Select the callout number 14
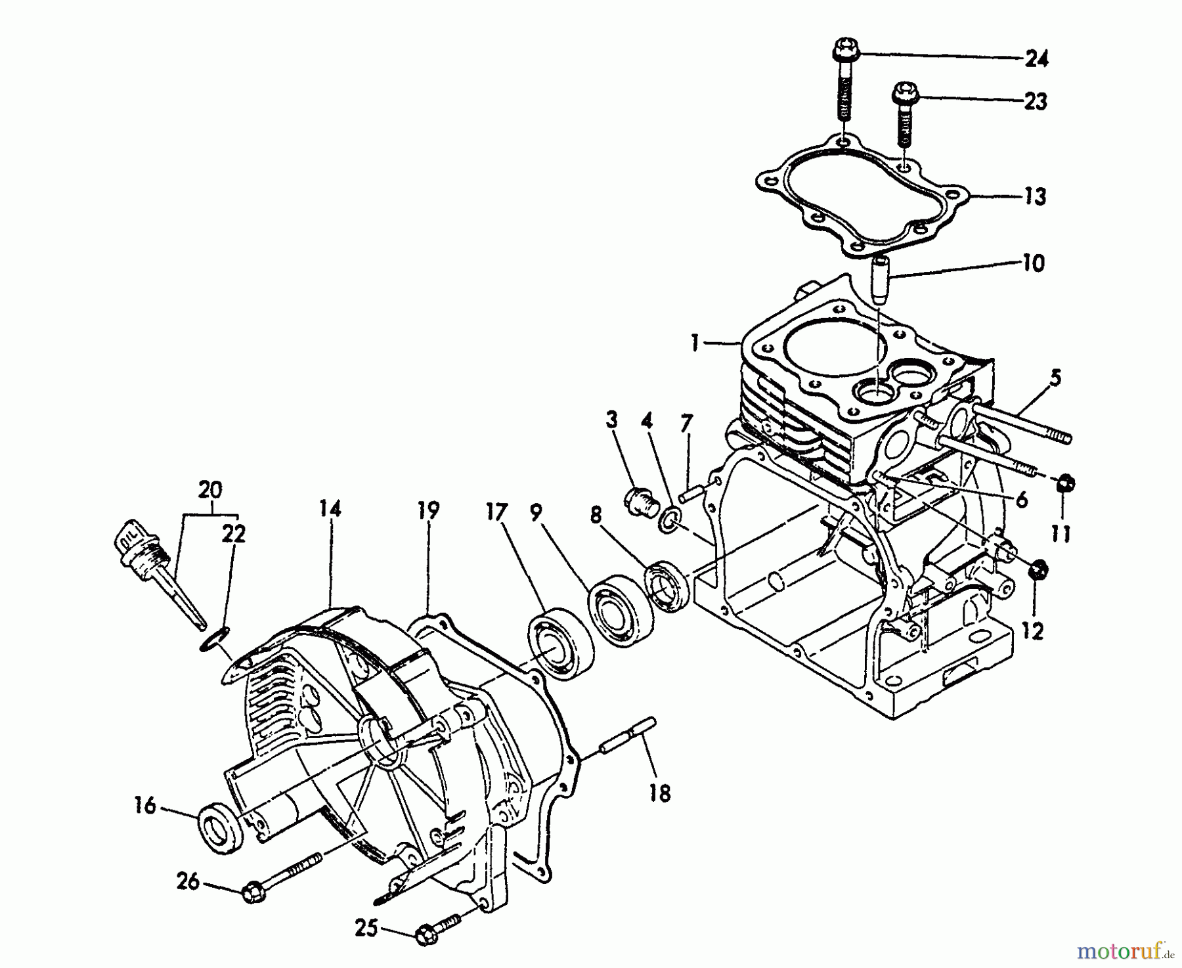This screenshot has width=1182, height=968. tap(331, 509)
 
